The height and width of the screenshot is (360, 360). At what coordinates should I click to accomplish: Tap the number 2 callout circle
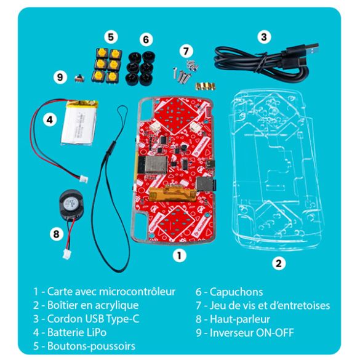[279, 263]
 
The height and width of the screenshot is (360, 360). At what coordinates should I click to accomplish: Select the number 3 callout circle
[263, 36]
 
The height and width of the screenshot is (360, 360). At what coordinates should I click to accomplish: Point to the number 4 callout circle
[51, 120]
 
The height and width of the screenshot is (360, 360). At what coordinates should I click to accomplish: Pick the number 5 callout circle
[111, 36]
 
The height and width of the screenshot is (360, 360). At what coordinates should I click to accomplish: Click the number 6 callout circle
[145, 39]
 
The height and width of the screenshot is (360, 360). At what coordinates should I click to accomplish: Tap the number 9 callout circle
[60, 77]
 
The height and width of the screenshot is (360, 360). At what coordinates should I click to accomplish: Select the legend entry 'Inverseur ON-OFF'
[245, 333]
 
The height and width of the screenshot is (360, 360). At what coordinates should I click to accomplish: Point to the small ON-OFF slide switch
[78, 78]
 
